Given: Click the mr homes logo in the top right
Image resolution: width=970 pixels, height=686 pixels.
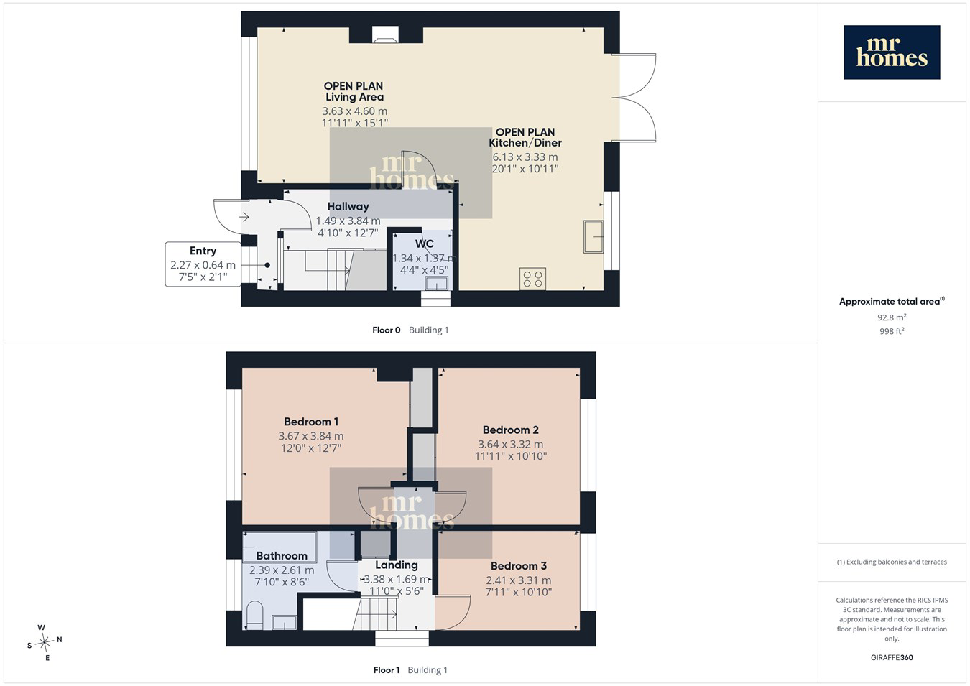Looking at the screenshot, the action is (892, 52).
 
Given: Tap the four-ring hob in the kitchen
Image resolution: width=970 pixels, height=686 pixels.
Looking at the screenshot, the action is (532, 279).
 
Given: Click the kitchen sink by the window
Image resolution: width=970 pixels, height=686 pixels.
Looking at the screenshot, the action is (593, 236).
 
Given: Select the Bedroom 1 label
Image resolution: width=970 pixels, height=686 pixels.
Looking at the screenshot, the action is (311, 422).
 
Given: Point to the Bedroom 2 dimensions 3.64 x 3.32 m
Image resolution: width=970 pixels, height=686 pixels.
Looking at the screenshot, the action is (511, 444).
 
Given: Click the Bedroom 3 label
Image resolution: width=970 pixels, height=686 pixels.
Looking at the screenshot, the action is (518, 565).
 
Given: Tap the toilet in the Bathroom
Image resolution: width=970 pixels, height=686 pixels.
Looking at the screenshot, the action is (254, 616).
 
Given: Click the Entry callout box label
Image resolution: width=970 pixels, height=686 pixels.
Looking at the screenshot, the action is (203, 251).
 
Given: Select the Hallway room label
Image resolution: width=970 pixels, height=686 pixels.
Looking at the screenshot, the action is (348, 207).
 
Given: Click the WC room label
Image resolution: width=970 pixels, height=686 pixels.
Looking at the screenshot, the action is (425, 244).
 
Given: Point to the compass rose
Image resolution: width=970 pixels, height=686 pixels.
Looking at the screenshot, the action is (44, 642).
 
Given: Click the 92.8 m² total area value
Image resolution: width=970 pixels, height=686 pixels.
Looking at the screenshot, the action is (892, 317).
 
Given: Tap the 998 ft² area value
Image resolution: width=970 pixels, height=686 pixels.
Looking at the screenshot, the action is (892, 331).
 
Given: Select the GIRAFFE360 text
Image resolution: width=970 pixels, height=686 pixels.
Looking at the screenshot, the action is (892, 657).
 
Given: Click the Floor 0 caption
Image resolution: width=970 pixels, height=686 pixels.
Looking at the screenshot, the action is (387, 330).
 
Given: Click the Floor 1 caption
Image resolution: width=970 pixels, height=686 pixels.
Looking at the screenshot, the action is (387, 670).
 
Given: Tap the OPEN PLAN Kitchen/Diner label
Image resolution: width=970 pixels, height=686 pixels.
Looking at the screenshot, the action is (525, 137).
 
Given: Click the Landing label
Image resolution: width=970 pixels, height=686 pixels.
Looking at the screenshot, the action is (396, 565).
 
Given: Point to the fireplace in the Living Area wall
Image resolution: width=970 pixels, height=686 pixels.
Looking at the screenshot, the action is (385, 35).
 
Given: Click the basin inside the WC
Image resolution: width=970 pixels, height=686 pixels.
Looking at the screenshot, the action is (436, 284).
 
